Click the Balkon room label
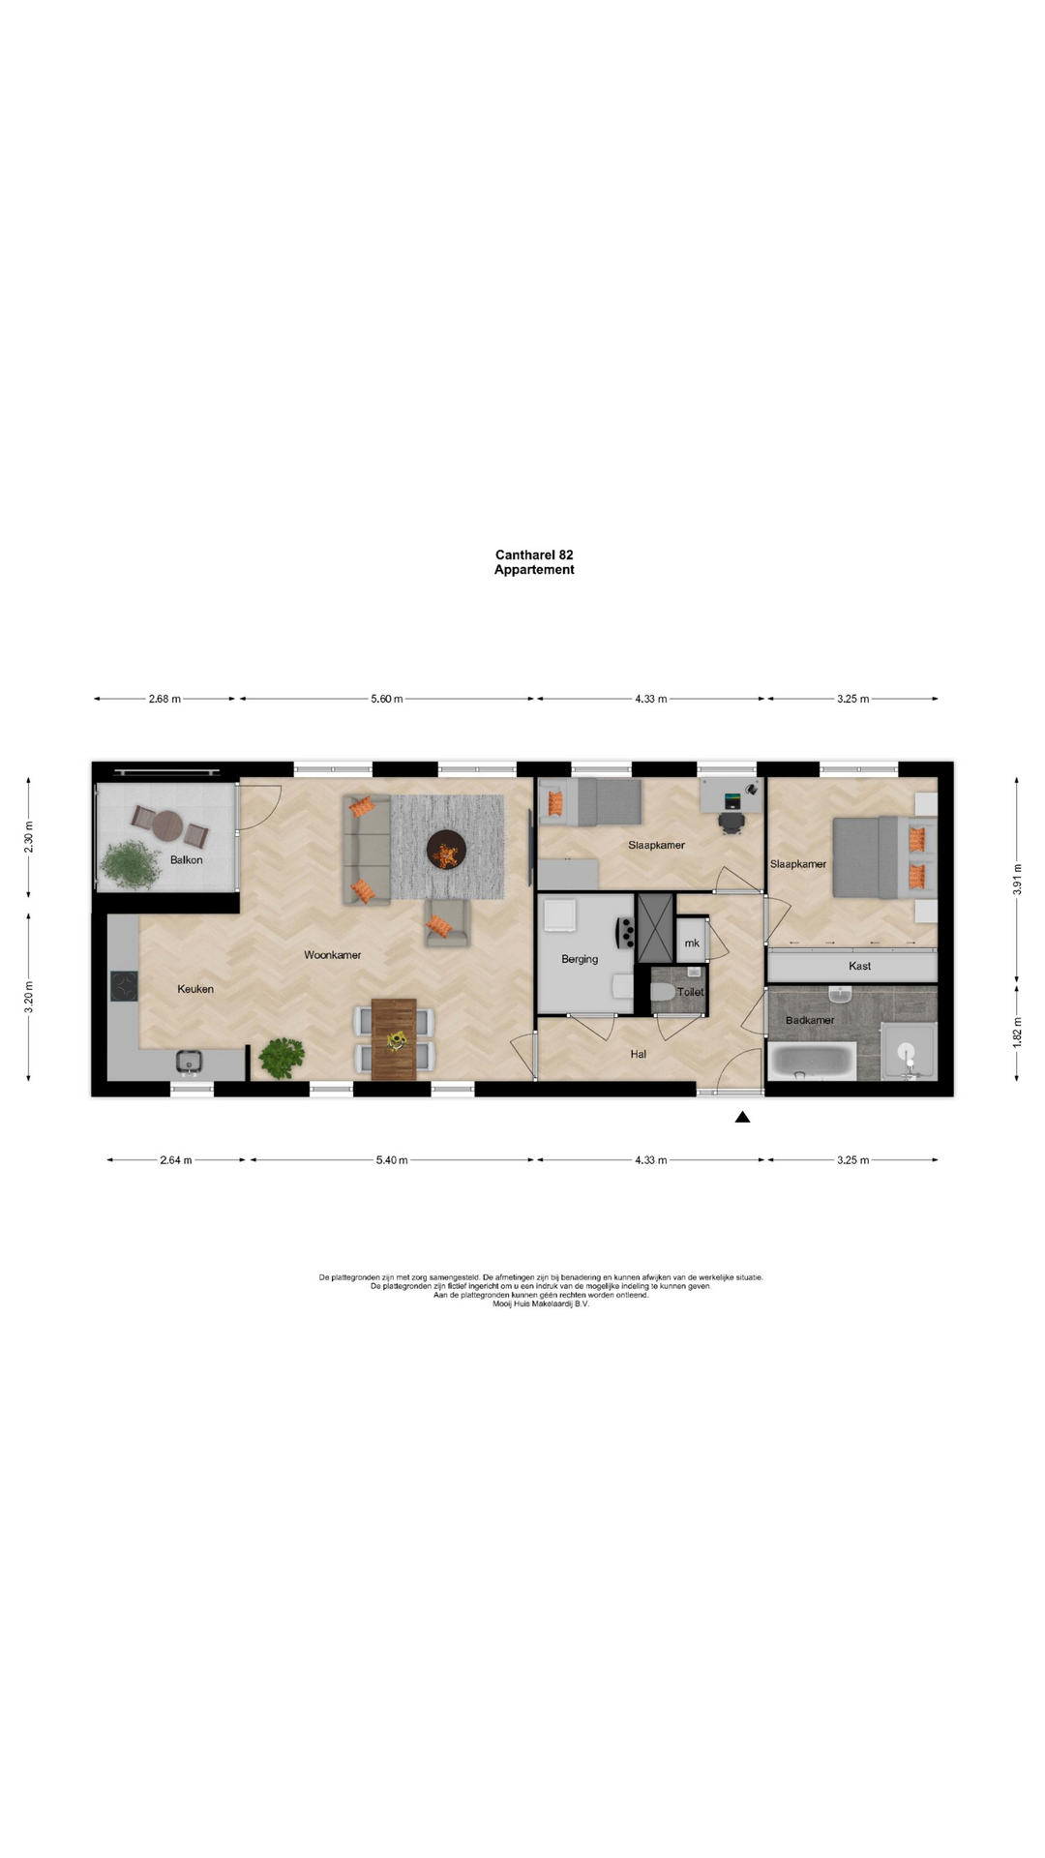[x=187, y=859]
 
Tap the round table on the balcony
[x=167, y=825]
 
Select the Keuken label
[x=195, y=989]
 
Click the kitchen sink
[x=190, y=1062]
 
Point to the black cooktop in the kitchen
[x=124, y=985]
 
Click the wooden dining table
[x=394, y=1039]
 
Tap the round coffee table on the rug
[x=447, y=850]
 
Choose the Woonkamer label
[x=333, y=955]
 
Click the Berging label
[x=580, y=959]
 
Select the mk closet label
[x=692, y=944]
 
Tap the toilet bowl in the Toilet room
[x=663, y=992]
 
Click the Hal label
[x=639, y=1054]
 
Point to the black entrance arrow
[x=742, y=1117]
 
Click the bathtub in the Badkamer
[x=812, y=1062]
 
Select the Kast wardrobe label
[x=859, y=966]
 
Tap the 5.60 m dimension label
[x=387, y=699]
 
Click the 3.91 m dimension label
[x=1017, y=879]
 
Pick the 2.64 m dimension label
[x=176, y=1159]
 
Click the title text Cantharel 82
[x=534, y=554]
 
